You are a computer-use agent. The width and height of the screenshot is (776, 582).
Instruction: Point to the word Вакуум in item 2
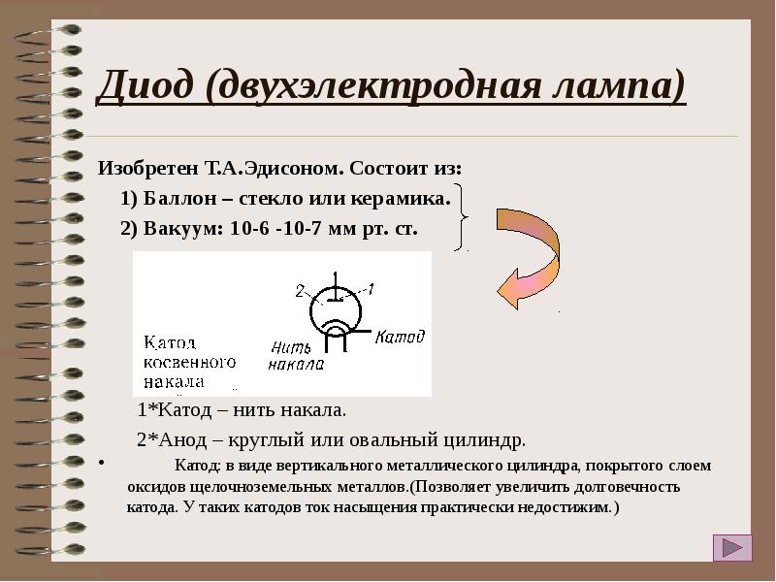tap(182, 231)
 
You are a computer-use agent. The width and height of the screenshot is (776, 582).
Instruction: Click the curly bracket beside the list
tap(465, 215)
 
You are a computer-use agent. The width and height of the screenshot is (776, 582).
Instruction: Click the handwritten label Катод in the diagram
tap(400, 337)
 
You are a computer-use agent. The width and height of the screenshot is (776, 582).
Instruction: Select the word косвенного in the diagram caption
tap(190, 362)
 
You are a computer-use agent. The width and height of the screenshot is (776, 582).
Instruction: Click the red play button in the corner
tap(732, 549)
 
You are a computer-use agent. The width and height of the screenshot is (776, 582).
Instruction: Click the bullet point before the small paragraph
tap(102, 464)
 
